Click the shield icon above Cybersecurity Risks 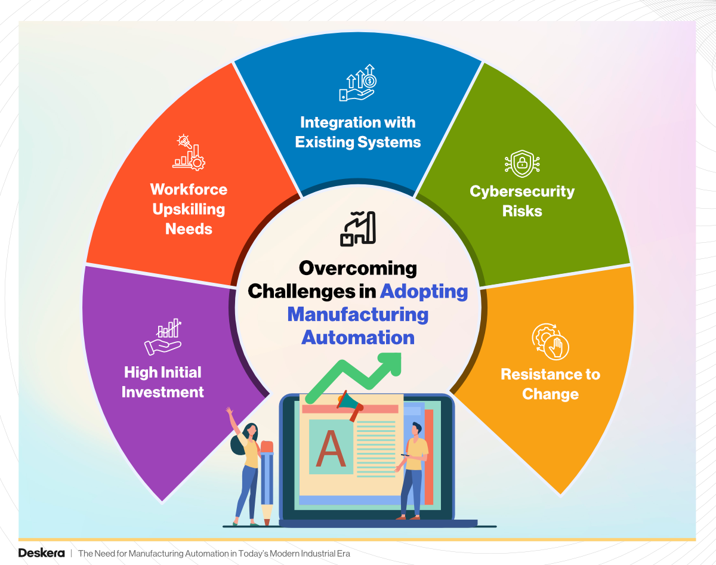coord(521,163)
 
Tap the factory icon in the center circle coord(357,228)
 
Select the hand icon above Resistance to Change coord(551,341)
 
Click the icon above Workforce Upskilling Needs coord(189,153)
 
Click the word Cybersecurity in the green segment coord(521,192)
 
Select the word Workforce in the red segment coord(189,190)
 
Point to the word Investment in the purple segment coord(163,392)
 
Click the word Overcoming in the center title coord(357,268)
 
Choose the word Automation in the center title coord(357,337)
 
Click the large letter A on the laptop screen coord(331,449)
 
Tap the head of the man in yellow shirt coord(416,429)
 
